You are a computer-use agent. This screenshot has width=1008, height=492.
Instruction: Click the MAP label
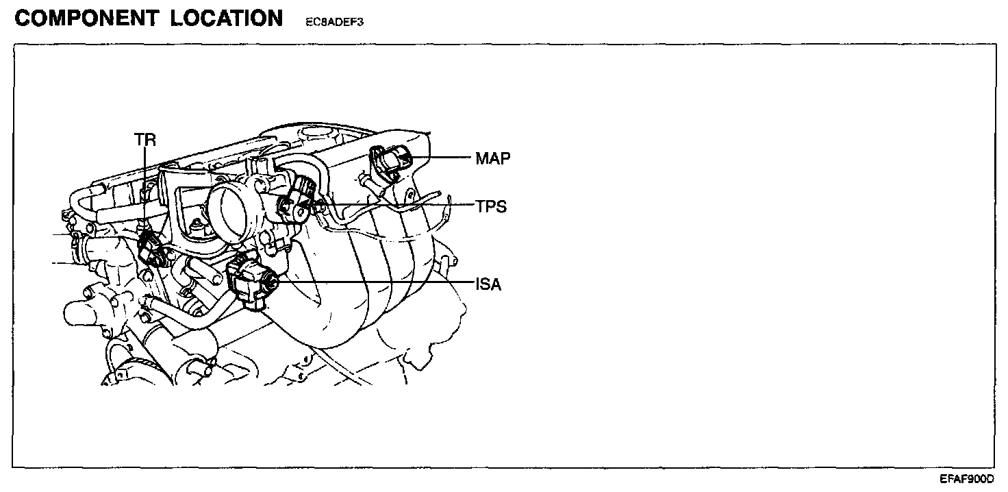[493, 159]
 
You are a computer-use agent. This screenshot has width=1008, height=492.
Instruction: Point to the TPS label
[492, 206]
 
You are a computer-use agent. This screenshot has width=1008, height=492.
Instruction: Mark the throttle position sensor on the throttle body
[296, 202]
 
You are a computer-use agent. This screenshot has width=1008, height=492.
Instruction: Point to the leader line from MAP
[442, 158]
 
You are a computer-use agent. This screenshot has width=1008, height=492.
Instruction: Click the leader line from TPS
[397, 205]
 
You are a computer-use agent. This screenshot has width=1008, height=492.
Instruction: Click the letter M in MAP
[482, 159]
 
